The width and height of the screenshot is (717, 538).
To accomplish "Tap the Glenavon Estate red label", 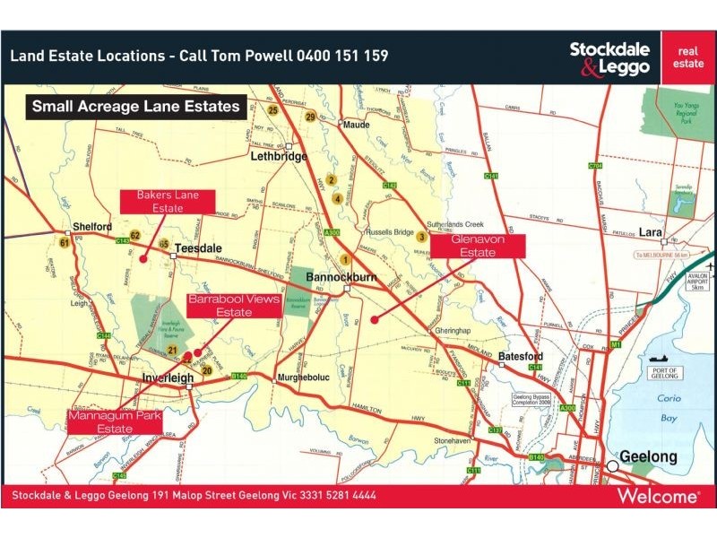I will (x=478, y=247).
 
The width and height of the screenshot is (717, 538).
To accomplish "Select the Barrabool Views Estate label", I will (x=233, y=306).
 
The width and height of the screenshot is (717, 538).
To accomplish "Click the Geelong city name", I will (x=650, y=456).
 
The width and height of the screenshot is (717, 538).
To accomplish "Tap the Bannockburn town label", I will (x=341, y=277).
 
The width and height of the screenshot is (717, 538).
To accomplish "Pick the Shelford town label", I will (x=92, y=227).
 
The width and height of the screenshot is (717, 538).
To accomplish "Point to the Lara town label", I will (x=651, y=233).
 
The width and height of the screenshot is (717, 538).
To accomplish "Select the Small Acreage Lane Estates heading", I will (x=136, y=107).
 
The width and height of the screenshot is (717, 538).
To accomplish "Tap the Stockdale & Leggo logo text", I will (x=609, y=58).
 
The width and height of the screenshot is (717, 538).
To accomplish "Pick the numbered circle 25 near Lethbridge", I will (x=272, y=110).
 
